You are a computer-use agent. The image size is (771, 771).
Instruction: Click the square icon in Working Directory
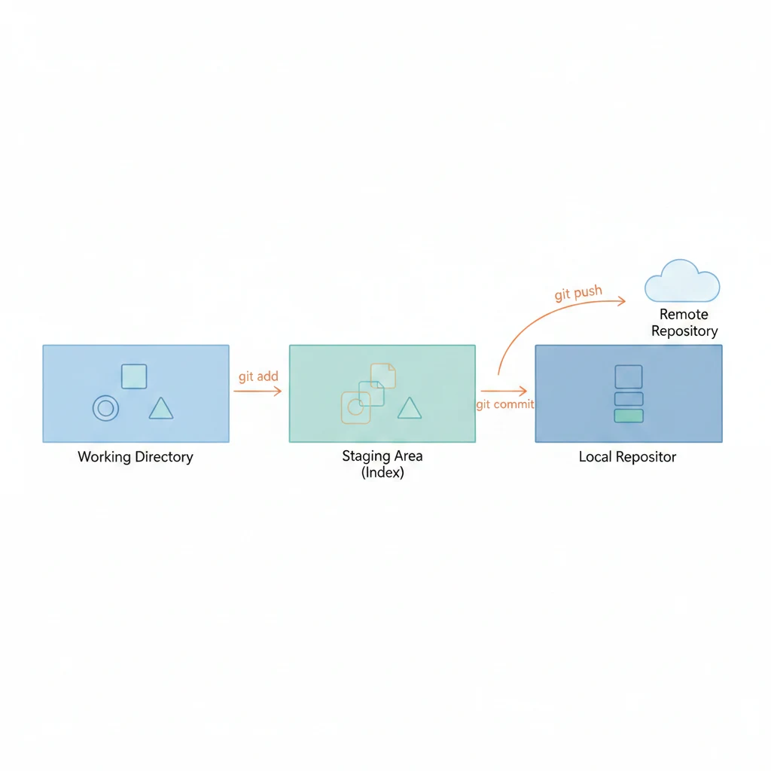(134, 376)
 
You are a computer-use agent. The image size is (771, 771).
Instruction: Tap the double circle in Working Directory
(105, 408)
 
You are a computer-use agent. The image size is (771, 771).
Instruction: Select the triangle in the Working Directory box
(160, 409)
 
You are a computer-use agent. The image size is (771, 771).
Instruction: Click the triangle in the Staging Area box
(409, 408)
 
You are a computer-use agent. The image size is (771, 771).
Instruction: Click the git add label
(258, 376)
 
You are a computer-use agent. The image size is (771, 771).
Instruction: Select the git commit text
(504, 404)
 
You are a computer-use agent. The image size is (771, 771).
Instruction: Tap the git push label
(578, 293)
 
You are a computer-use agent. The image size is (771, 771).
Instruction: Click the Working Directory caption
(136, 456)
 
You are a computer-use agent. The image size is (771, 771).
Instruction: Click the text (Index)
(382, 473)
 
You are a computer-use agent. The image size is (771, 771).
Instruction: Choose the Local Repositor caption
(627, 456)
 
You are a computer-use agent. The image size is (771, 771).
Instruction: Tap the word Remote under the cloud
(684, 315)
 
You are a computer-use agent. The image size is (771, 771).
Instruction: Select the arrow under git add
(258, 391)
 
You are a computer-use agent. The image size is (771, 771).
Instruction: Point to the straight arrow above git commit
(504, 391)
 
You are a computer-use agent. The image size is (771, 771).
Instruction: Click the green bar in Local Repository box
(629, 416)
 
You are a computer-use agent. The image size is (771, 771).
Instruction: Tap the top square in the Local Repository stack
(629, 376)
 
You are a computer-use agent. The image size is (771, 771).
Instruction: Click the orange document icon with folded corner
(383, 376)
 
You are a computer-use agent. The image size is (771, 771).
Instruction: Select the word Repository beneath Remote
(684, 331)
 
